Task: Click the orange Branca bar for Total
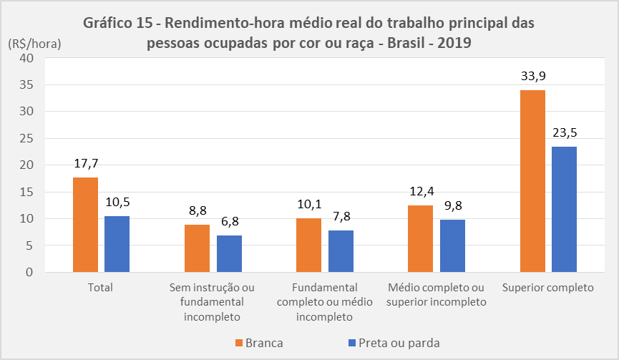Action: [85, 225]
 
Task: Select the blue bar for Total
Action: [117, 244]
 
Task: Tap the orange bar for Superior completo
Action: [532, 181]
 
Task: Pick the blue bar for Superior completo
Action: [564, 209]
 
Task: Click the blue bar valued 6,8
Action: [229, 254]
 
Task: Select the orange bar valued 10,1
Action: [308, 245]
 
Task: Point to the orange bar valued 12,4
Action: [421, 239]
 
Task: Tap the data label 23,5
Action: [564, 132]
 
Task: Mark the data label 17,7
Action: [85, 163]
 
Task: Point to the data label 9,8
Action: [452, 206]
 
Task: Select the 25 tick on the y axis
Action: [26, 138]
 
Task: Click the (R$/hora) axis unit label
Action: [34, 43]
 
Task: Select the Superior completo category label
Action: [548, 288]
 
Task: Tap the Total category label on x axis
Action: [101, 288]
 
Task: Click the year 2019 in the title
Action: [454, 43]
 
